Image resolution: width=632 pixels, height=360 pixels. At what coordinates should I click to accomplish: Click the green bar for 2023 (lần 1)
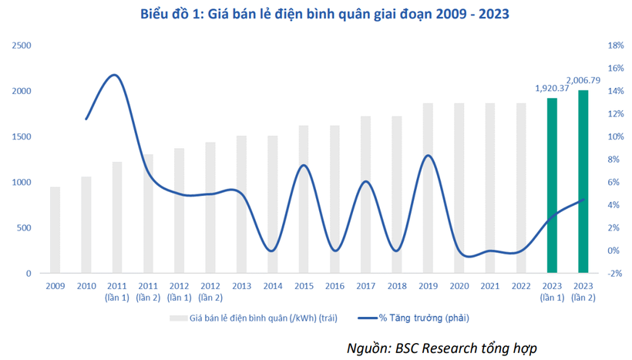point(552,185)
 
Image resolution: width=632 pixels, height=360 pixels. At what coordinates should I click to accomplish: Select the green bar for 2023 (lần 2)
point(583,181)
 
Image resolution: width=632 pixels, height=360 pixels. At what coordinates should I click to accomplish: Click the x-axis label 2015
point(304,287)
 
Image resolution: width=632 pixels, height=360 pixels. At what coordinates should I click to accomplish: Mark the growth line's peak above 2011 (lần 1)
point(114,75)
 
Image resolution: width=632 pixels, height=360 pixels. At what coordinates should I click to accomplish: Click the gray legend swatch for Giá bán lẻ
point(177,318)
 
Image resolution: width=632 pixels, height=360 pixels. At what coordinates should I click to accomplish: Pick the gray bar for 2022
point(521,188)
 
